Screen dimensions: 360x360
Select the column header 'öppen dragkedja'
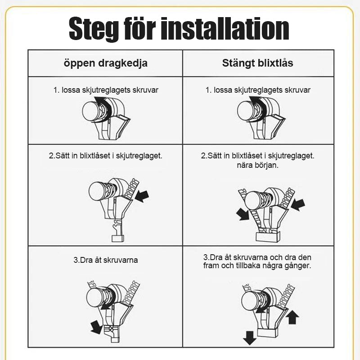pyautogui.click(x=105, y=63)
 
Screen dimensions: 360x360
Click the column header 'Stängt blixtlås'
pyautogui.click(x=258, y=63)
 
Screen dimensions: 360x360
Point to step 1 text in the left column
pyautogui.click(x=106, y=90)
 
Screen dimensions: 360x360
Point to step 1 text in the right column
pyautogui.click(x=258, y=90)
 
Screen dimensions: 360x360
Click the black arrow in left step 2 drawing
pyautogui.click(x=142, y=196)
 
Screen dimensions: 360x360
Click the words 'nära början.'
pyautogui.click(x=258, y=165)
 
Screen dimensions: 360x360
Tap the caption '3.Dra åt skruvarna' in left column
pyautogui.click(x=106, y=260)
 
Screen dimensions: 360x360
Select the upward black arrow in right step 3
pyautogui.click(x=292, y=317)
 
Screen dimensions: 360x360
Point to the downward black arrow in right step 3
pyautogui.click(x=249, y=336)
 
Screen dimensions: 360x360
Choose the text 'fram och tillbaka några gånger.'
pyautogui.click(x=258, y=265)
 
